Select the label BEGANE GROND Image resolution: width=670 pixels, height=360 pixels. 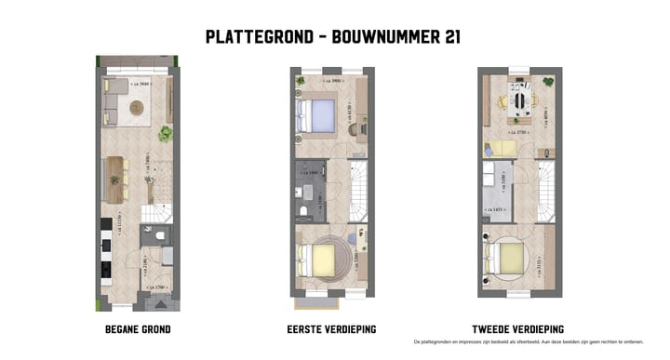[x=138, y=329]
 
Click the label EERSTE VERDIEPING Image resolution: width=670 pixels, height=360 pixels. [x=332, y=329]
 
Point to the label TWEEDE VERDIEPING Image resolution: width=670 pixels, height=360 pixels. [x=519, y=329]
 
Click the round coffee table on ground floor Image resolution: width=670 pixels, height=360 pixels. [x=137, y=108]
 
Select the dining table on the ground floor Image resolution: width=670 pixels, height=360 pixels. [x=116, y=179]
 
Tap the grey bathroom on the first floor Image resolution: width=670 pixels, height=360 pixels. [x=309, y=191]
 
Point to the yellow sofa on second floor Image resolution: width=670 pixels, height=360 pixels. [x=500, y=148]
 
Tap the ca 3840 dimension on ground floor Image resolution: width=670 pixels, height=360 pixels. [x=140, y=84]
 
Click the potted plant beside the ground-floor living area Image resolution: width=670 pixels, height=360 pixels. [x=165, y=134]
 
